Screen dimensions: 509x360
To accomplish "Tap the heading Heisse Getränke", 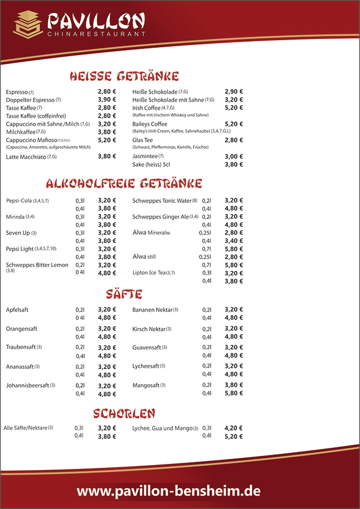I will click(124, 76).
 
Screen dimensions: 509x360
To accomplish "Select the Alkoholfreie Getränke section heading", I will click(124, 183).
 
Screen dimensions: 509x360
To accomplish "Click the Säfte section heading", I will click(124, 294).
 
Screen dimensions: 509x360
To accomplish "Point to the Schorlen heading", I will click(124, 413).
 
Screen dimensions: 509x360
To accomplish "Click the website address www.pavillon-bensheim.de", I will click(168, 491).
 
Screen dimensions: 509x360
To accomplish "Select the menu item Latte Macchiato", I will click(31, 157).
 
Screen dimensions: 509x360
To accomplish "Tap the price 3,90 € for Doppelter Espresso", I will click(107, 100).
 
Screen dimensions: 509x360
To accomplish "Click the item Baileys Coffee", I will click(149, 124).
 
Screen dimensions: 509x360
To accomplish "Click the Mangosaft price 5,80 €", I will click(233, 393).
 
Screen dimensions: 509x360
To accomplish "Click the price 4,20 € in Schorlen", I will click(233, 428).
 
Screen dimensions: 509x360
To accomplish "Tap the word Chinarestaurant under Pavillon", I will click(96, 34).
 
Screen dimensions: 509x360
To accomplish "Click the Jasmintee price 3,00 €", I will click(233, 157).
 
